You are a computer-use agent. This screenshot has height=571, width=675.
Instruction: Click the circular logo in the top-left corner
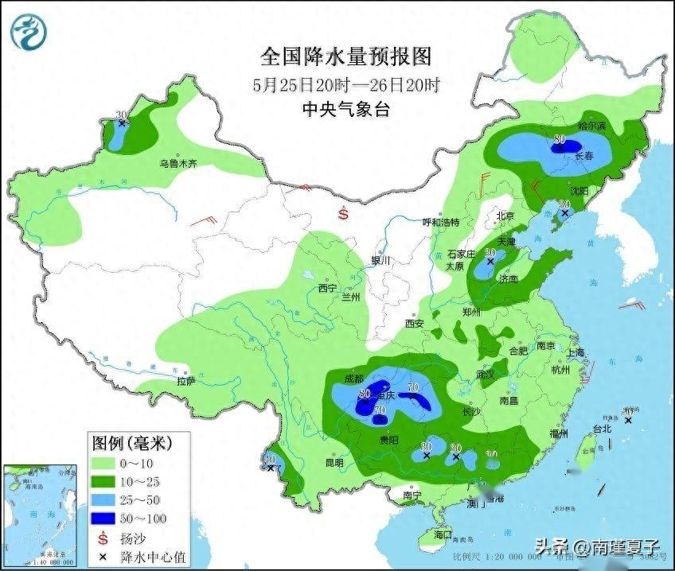29,32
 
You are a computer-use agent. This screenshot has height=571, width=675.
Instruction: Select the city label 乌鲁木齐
177,163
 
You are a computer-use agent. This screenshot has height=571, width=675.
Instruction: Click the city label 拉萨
185,381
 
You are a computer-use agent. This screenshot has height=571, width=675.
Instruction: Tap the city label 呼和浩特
440,223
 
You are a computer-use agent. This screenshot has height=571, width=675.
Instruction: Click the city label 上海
576,352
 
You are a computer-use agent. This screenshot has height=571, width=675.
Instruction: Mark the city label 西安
414,324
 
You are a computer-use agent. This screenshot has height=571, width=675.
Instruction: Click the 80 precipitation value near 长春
560,140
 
